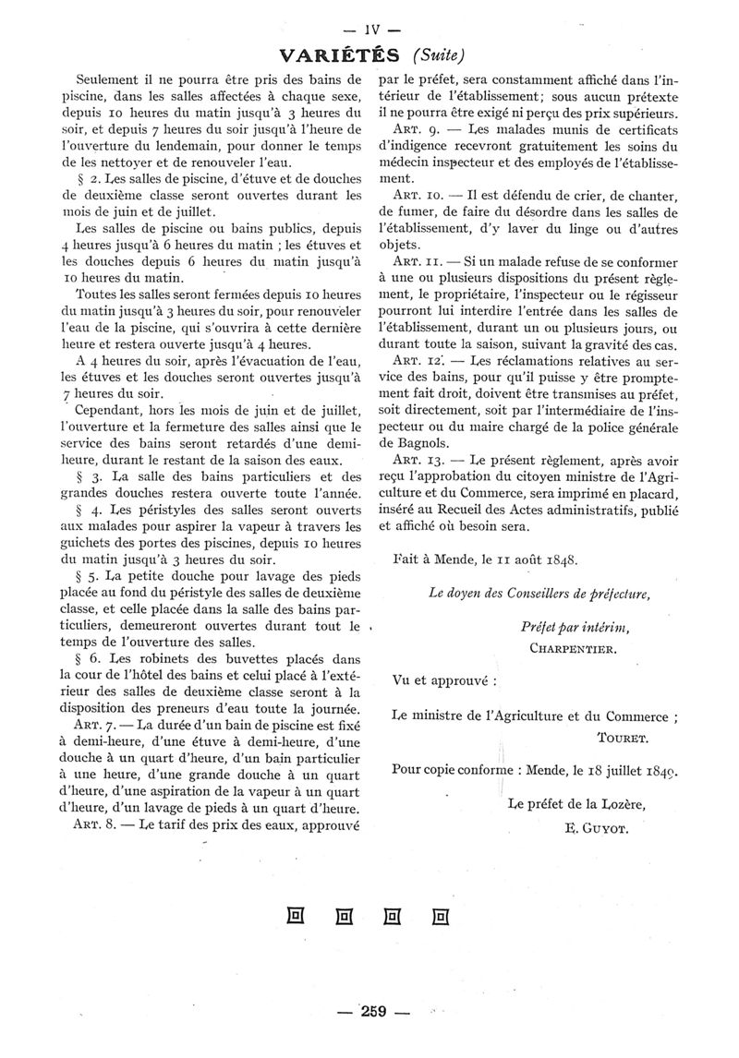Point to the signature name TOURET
click(x=624, y=738)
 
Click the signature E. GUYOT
click(x=595, y=828)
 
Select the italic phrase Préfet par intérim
click(x=575, y=628)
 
